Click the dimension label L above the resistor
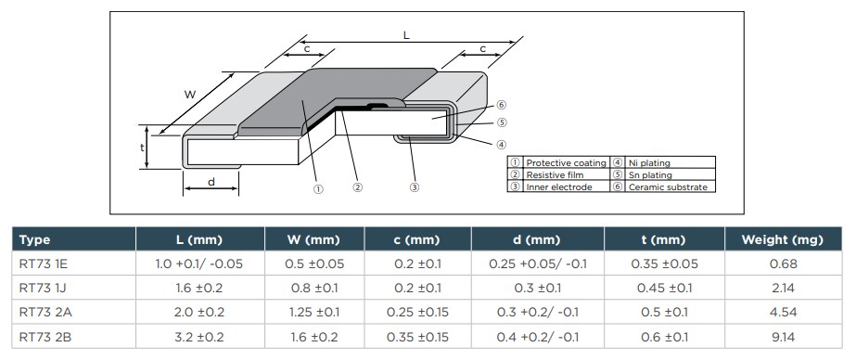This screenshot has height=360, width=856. [x=405, y=35]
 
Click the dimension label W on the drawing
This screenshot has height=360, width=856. [x=189, y=94]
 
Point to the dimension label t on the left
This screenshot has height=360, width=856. [x=143, y=147]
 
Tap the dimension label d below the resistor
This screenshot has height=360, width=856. [x=211, y=182]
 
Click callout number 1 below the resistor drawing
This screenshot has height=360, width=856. [x=318, y=187]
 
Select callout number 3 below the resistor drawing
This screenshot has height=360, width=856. [x=415, y=187]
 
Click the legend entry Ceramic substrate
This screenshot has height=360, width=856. [x=667, y=186]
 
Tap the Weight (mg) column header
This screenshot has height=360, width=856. [x=782, y=239]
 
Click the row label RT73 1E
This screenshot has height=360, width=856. [x=44, y=264]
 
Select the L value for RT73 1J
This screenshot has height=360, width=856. [x=199, y=288]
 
